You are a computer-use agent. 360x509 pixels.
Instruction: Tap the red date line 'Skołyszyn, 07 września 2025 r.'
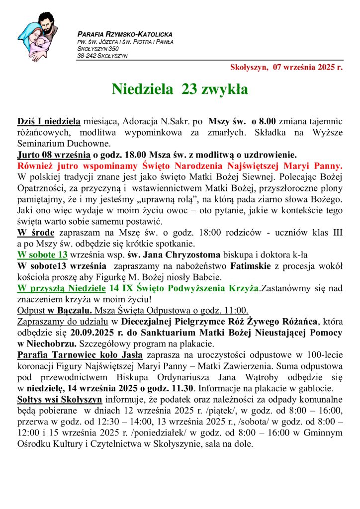coord(286,68)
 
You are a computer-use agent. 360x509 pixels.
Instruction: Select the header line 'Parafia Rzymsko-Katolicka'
coord(125,34)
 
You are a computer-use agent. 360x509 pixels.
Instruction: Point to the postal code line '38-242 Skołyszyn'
coord(102,56)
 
